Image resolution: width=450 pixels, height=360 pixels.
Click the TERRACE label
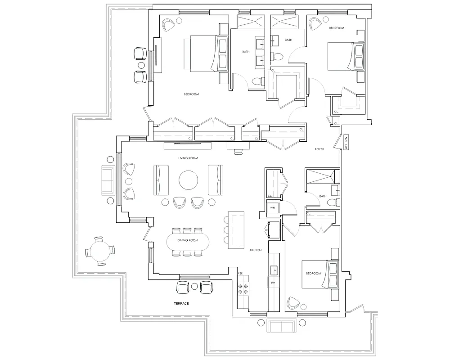[181, 304]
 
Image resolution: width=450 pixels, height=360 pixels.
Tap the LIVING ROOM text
[188, 158]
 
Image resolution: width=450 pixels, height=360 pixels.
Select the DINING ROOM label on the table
[188, 240]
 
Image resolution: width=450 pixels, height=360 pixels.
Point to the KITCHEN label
[256, 250]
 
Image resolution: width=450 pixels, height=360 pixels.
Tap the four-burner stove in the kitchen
[243, 288]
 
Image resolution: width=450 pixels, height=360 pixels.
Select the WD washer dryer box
[273, 208]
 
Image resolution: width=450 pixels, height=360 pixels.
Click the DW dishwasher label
[273, 283]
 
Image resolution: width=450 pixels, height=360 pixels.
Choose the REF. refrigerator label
[241, 274]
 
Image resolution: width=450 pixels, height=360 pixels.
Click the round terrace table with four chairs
[99, 251]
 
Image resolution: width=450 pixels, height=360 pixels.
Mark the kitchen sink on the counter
[273, 270]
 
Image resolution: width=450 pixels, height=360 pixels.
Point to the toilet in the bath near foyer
[332, 202]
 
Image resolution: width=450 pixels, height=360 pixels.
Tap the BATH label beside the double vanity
[246, 52]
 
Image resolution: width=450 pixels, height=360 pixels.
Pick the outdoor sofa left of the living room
[108, 180]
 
